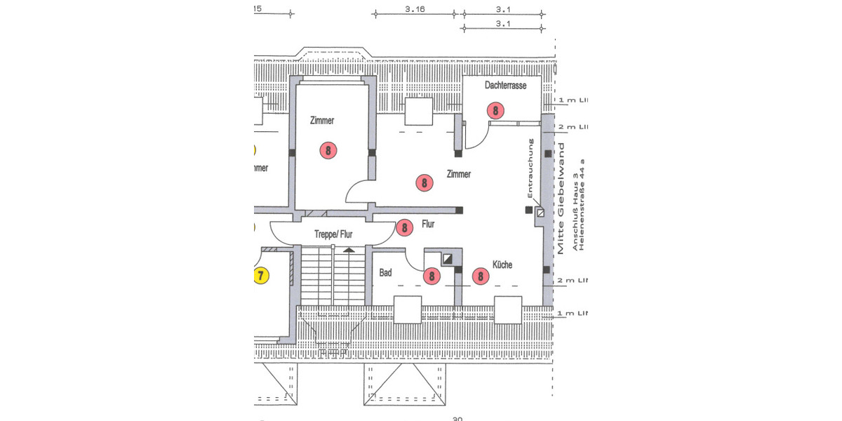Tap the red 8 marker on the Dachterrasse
[x=495, y=110]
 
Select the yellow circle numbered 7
[x=260, y=275]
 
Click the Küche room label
[x=502, y=265]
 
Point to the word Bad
[x=385, y=272]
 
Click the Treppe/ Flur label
[x=333, y=235]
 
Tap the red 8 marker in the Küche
[x=481, y=276]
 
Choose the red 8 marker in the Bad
[x=432, y=276]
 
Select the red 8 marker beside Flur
[x=403, y=227]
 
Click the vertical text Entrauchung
[x=531, y=169]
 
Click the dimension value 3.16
[x=415, y=10]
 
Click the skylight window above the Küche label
[x=508, y=309]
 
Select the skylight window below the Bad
[x=407, y=309]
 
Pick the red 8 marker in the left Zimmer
[x=327, y=149]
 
